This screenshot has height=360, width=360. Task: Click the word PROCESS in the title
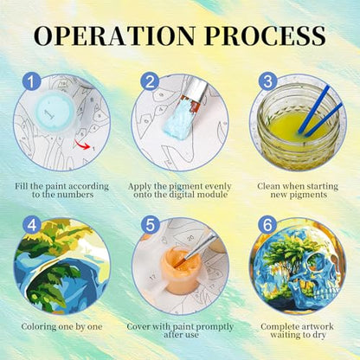click(x=265, y=35)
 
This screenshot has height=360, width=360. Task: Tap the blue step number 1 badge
click(x=32, y=81)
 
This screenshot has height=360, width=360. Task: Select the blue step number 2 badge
click(x=150, y=81)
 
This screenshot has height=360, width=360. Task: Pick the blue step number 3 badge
click(x=267, y=81)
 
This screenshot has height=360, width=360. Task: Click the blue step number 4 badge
click(x=32, y=225)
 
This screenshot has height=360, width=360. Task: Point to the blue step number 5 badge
click(x=150, y=225)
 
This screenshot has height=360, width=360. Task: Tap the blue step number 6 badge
click(x=267, y=225)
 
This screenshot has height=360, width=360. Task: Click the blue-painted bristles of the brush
click(x=179, y=119)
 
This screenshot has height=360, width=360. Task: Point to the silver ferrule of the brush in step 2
click(x=196, y=88)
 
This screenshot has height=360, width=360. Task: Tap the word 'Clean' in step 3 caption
click(x=269, y=186)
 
